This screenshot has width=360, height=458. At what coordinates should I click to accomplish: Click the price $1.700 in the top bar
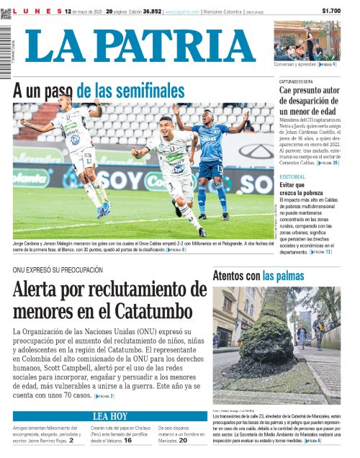pyautogui.click(x=330, y=11)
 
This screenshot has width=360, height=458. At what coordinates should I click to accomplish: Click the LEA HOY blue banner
pyautogui.click(x=110, y=416)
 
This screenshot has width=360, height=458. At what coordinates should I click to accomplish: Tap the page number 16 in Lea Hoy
pyautogui.click(x=127, y=440)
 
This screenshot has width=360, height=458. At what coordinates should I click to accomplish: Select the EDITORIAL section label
pyautogui.click(x=292, y=176)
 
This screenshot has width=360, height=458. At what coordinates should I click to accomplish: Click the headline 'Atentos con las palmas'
pyautogui.click(x=264, y=275)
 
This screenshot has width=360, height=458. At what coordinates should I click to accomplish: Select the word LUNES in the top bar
pyautogui.click(x=35, y=12)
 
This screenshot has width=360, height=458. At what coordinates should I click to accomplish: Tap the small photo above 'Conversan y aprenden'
pyautogui.click(x=307, y=40)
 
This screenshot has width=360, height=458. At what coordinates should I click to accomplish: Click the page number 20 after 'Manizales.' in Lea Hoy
pyautogui.click(x=183, y=440)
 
